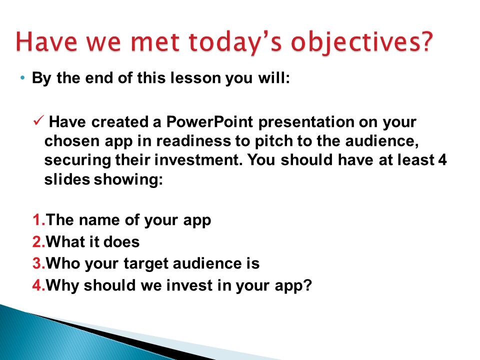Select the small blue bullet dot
22,78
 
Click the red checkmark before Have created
38,120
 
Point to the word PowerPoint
209,122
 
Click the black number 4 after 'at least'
442,160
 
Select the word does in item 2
122,242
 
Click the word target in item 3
145,264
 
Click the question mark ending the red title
424,41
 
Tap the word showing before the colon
126,179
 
